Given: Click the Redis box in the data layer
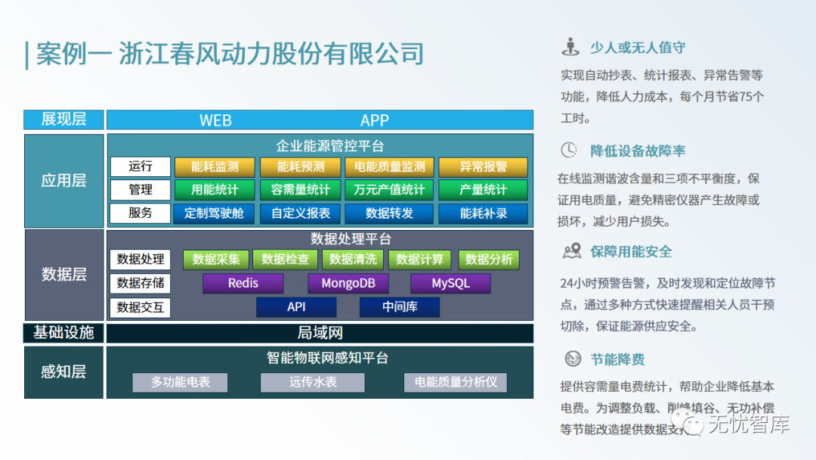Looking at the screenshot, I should (x=243, y=284).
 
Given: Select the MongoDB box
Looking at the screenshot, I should (x=348, y=284).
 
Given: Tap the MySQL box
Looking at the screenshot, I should (x=450, y=284).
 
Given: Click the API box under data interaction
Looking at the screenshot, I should (x=296, y=307).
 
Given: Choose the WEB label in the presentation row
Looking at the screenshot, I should (x=215, y=120).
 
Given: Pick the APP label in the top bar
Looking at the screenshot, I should (x=375, y=120).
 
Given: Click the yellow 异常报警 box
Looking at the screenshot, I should (x=483, y=167).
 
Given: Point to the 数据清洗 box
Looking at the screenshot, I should (x=354, y=260).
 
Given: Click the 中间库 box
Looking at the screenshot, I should (x=400, y=307).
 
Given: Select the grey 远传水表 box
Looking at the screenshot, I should (x=313, y=382).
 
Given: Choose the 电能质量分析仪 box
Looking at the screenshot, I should (x=456, y=382).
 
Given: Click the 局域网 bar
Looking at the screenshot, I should (x=320, y=333).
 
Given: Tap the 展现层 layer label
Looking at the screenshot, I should (x=63, y=120).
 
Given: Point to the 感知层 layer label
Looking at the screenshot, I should (x=63, y=371).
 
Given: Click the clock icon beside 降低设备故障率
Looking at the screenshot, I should (x=569, y=151).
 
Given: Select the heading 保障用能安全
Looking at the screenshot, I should (x=631, y=252).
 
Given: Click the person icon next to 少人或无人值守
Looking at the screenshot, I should (x=570, y=48).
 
